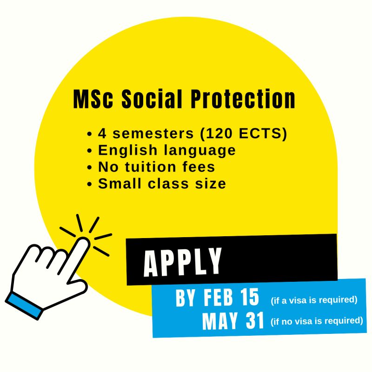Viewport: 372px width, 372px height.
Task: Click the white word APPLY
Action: (183, 262)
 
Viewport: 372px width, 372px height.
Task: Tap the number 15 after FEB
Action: (249, 299)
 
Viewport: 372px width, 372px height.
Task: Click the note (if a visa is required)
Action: (314, 300)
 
